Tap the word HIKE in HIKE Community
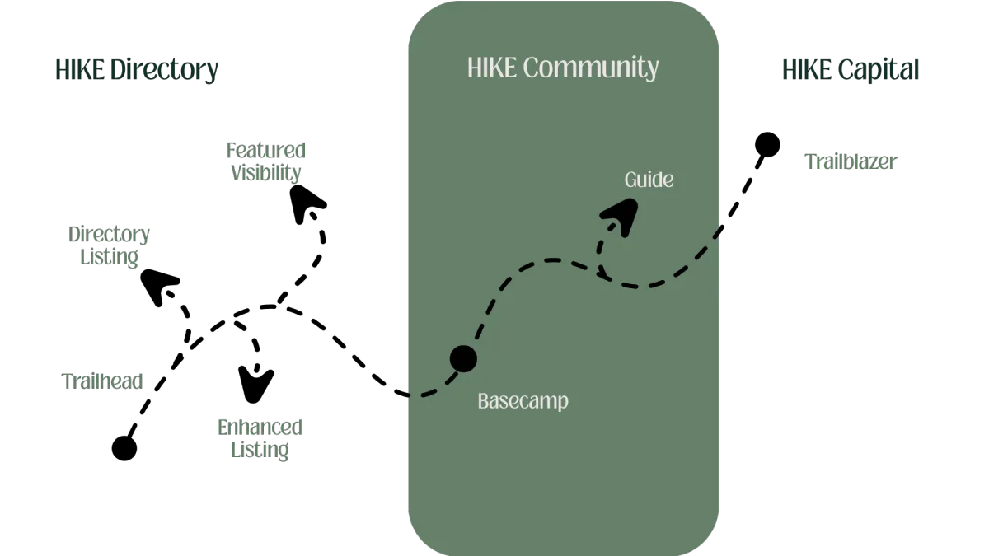click(x=492, y=68)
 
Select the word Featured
click(x=267, y=150)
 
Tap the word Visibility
click(x=267, y=173)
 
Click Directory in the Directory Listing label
click(x=109, y=234)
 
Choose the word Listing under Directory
click(x=109, y=257)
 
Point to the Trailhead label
click(x=103, y=381)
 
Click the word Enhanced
click(x=260, y=427)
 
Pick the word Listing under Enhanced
click(x=260, y=450)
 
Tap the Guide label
click(x=649, y=179)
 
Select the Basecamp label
click(x=523, y=402)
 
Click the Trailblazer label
click(x=851, y=161)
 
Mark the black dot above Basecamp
click(x=463, y=359)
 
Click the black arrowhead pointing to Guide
click(x=620, y=220)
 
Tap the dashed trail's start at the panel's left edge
click(x=405, y=396)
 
